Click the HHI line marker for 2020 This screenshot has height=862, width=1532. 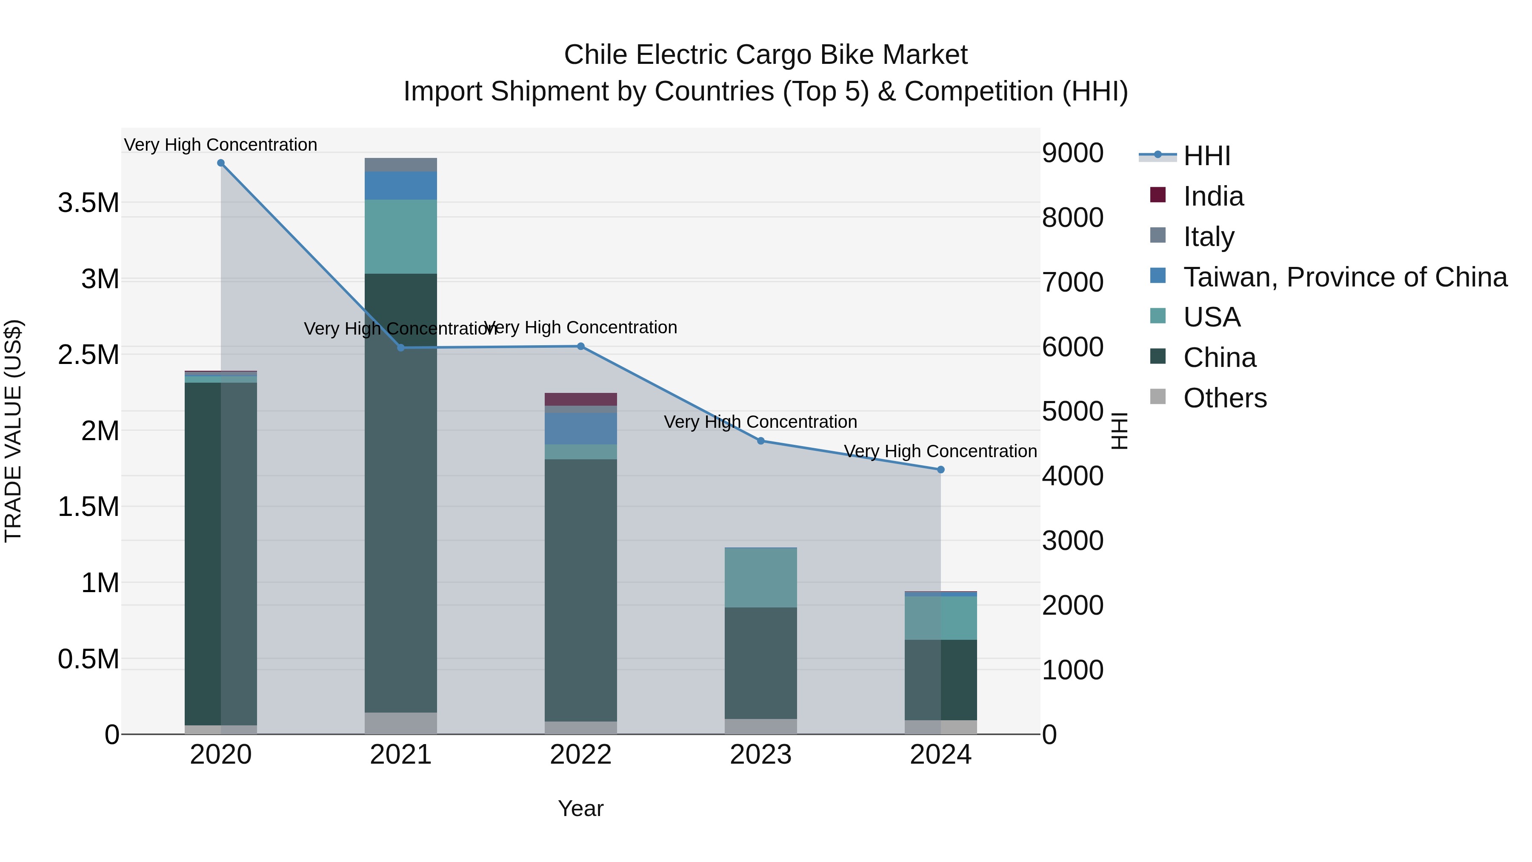pos(220,163)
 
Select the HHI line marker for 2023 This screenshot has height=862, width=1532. pos(760,441)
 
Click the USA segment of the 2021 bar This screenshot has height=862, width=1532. pos(400,236)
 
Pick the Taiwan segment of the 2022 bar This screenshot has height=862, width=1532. pos(580,428)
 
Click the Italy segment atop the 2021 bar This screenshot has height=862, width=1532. pos(400,165)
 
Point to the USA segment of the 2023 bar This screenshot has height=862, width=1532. pos(760,577)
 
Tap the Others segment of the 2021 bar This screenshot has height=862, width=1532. pos(400,723)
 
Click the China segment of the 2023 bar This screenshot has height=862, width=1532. pos(760,663)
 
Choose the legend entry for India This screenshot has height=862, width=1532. pos(1213,196)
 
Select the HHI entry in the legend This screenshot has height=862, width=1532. pos(1206,156)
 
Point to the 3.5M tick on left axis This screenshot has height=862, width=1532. pos(89,203)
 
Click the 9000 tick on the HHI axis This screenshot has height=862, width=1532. pos(1072,153)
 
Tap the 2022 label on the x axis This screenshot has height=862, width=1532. pos(580,755)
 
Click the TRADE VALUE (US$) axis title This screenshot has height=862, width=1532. pos(13,431)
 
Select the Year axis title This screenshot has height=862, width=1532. pos(580,808)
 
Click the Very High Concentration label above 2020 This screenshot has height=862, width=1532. pos(220,145)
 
